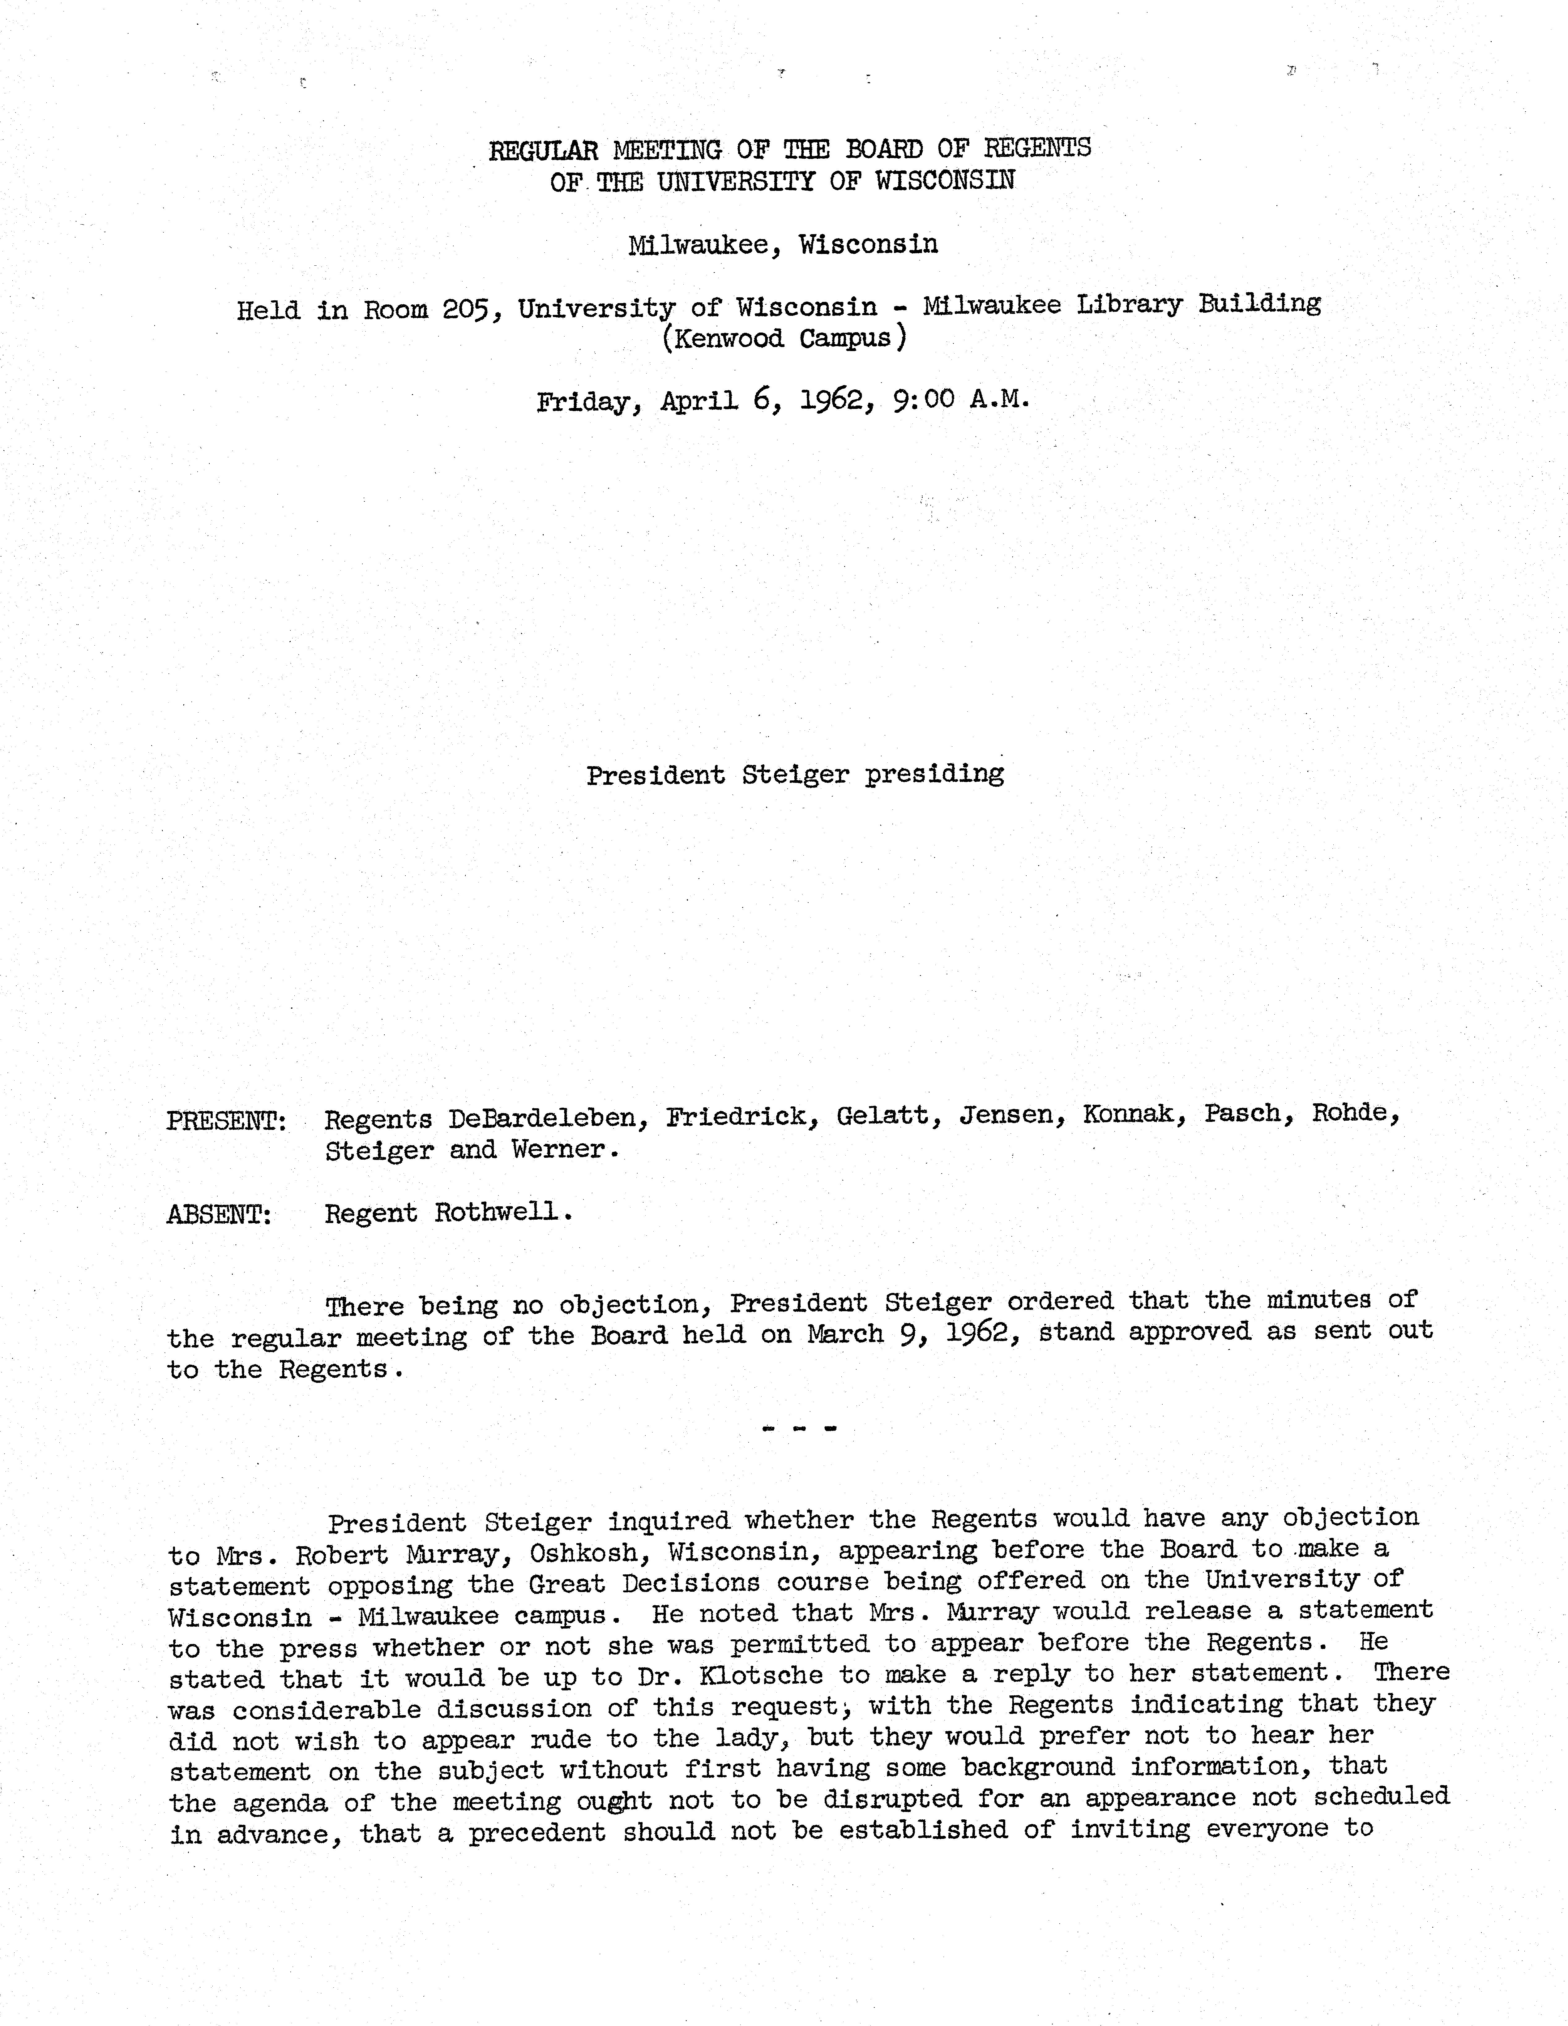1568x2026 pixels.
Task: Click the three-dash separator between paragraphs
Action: coord(798,1429)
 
